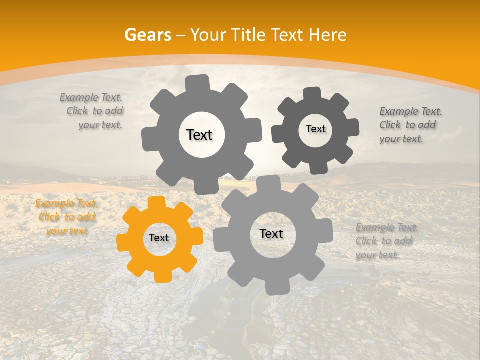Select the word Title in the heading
pos(248,35)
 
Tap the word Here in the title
pos(328,35)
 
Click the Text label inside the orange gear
pos(159,238)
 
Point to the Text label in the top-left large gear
pos(199,135)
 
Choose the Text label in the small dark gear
pos(315,129)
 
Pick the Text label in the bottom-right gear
pos(271,234)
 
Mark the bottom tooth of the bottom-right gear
pos(276,287)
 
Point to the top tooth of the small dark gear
pos(312,93)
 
